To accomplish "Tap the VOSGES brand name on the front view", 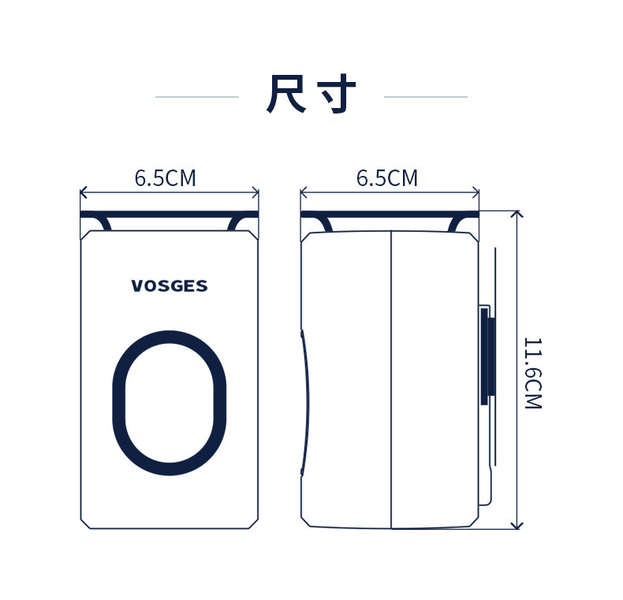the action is point(170,286).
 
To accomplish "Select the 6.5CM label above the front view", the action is point(165,179).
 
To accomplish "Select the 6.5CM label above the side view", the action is point(387,179).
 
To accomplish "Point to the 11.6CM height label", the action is point(532,372).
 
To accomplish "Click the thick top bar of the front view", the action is point(170,214).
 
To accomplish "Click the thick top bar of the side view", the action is point(390,214).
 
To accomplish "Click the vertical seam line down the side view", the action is point(391,378).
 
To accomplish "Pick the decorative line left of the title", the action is point(197,97).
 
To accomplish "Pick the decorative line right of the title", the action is point(425,97).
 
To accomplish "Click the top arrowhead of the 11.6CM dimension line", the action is point(517,214).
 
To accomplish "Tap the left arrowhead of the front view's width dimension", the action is point(84,192).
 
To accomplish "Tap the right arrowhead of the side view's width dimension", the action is point(476,192).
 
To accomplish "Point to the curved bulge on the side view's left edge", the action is point(305,402).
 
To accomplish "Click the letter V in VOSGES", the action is point(136,286).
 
